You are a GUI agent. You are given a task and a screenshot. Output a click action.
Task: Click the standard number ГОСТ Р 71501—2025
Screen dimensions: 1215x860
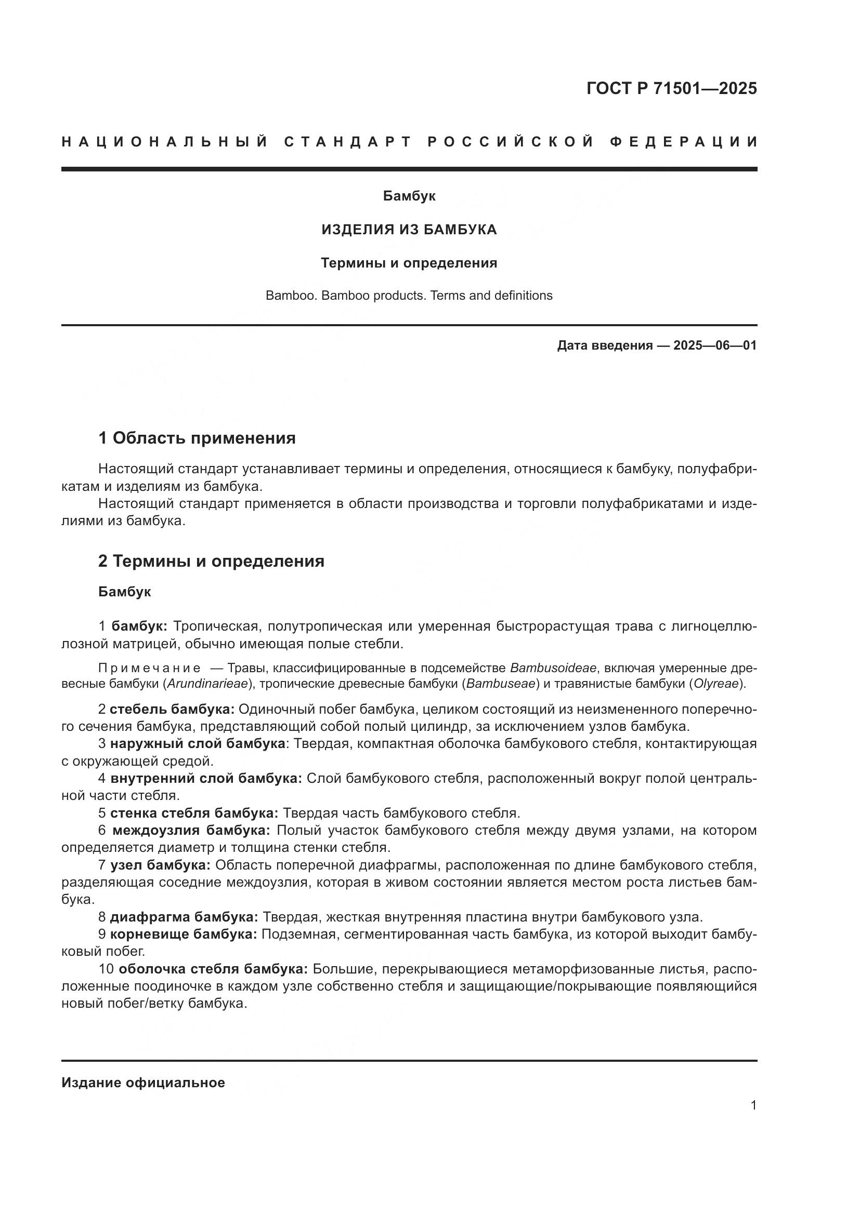click(x=671, y=88)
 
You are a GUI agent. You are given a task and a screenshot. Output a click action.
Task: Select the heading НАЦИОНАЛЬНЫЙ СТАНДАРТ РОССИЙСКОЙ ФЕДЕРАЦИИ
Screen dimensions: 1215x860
click(x=409, y=142)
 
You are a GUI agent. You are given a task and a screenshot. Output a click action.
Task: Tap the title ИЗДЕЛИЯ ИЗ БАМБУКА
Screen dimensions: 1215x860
click(x=409, y=230)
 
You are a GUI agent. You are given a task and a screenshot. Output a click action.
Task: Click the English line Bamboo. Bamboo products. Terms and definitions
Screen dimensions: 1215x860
click(x=409, y=295)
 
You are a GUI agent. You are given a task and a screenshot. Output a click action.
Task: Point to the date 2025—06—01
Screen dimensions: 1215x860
click(x=715, y=345)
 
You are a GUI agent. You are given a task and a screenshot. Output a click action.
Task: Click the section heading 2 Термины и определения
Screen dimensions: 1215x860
click(x=211, y=561)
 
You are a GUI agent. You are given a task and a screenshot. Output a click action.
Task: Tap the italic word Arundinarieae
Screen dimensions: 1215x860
click(x=207, y=684)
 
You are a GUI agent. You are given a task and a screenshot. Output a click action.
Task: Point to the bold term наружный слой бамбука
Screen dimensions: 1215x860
click(x=198, y=743)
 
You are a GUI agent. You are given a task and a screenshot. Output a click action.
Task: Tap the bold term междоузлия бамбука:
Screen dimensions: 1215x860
click(x=191, y=830)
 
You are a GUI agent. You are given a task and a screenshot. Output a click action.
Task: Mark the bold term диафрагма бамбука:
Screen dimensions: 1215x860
click(x=184, y=916)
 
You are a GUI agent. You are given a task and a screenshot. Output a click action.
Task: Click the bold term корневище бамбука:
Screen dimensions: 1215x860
click(x=183, y=934)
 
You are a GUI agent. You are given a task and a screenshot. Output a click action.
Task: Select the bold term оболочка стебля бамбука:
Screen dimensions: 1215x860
click(x=213, y=969)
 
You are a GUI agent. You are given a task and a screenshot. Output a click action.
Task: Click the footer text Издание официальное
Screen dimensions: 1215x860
click(x=143, y=1083)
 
